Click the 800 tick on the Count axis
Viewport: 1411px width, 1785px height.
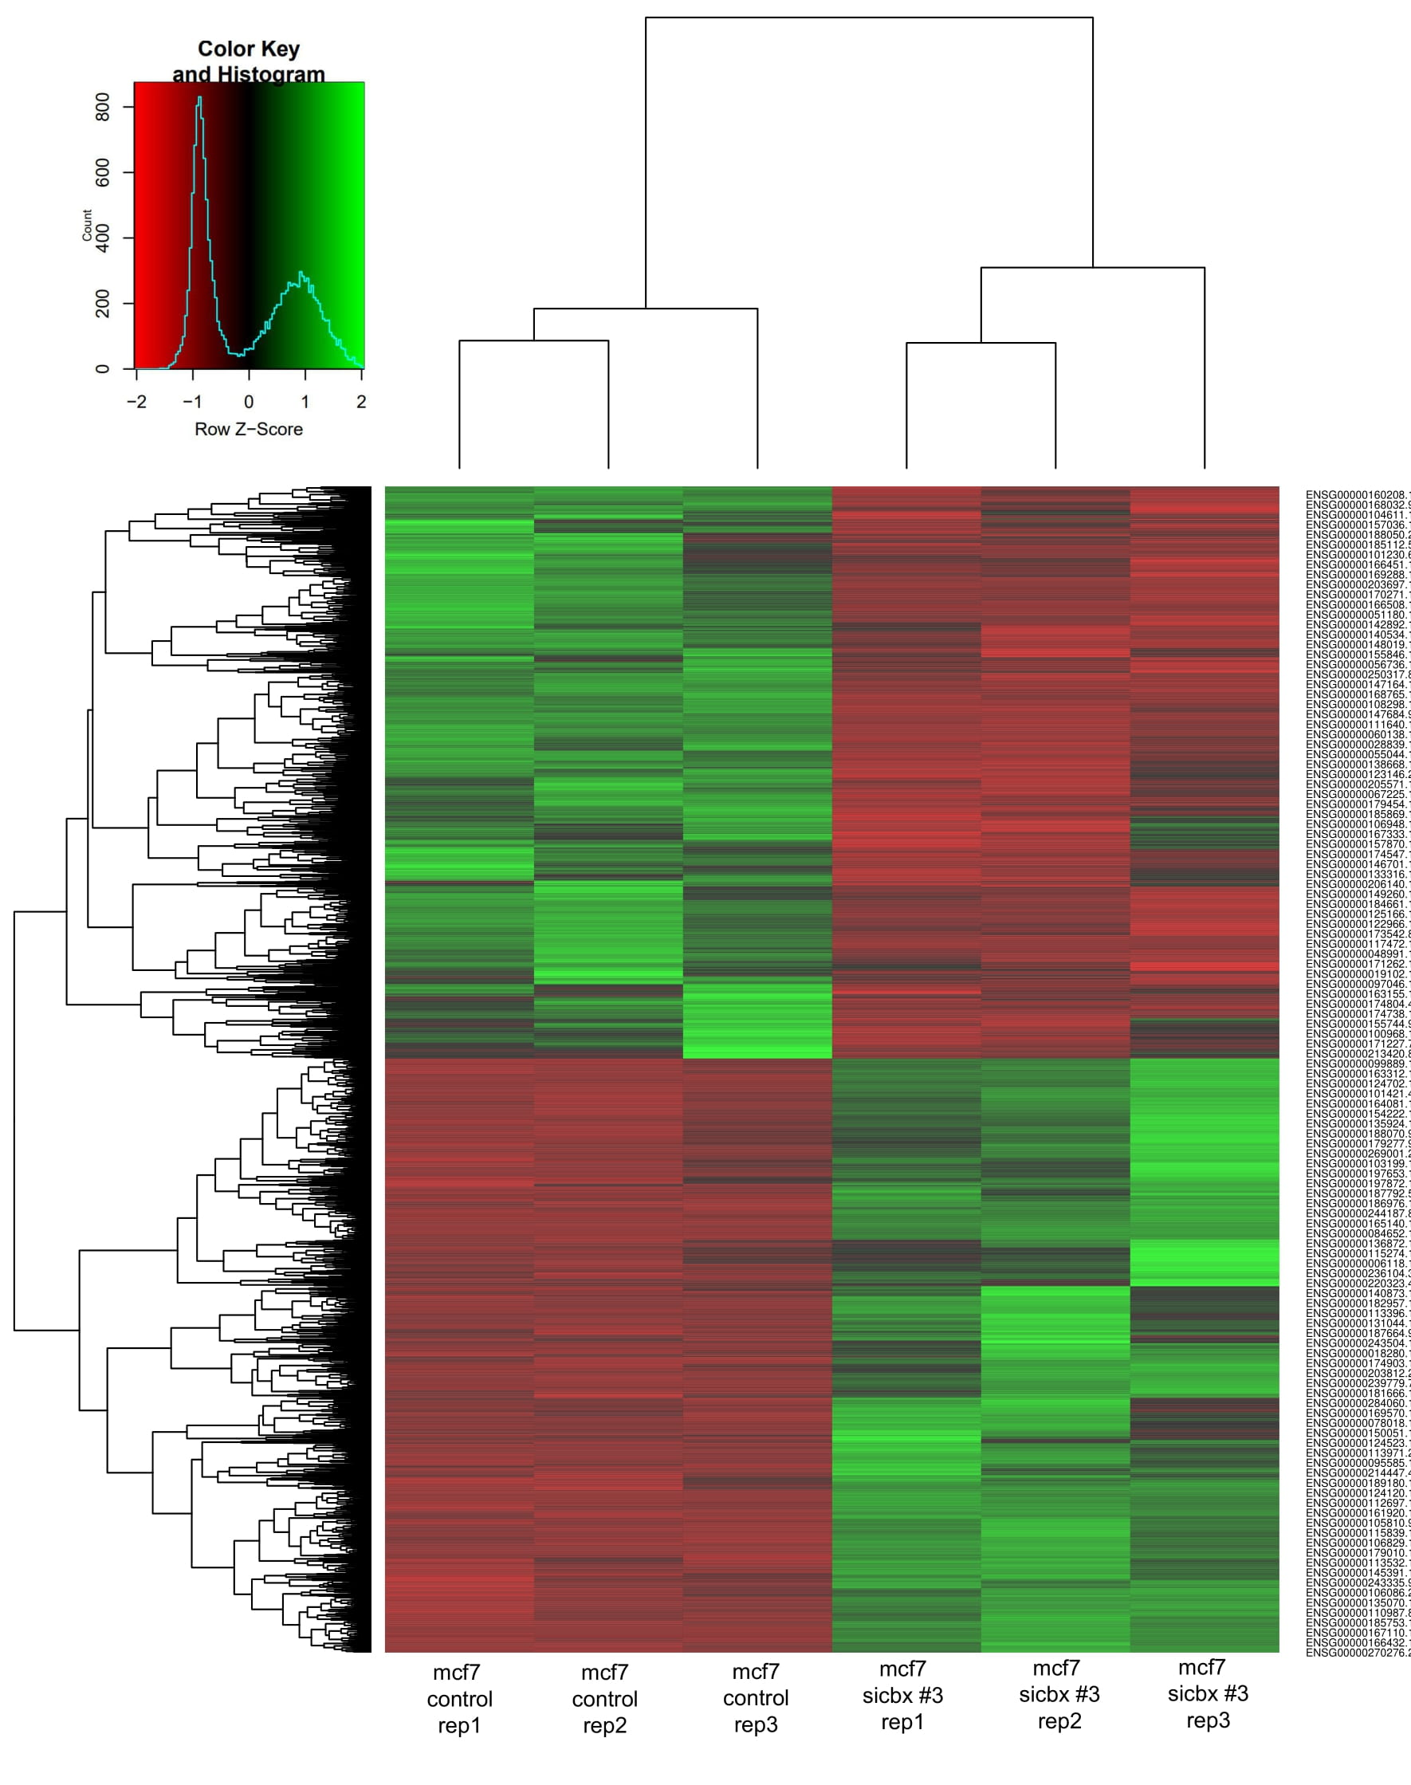[x=103, y=107]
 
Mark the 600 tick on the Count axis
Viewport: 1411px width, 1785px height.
[x=103, y=173]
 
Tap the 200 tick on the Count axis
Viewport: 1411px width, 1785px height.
[x=103, y=304]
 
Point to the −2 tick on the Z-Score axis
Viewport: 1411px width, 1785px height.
[x=136, y=403]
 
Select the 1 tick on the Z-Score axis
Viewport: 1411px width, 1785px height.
[x=305, y=403]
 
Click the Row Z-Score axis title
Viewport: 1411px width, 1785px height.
[x=249, y=430]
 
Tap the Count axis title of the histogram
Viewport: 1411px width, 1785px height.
[x=87, y=225]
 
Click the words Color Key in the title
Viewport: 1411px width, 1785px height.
[x=249, y=49]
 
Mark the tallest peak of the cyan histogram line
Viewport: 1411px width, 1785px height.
[x=199, y=98]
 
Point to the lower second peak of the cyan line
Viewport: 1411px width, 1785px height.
[x=301, y=273]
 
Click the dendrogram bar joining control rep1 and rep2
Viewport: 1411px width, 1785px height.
[x=533, y=340]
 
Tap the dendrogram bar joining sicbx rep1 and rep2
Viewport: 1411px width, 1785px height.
[x=981, y=343]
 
